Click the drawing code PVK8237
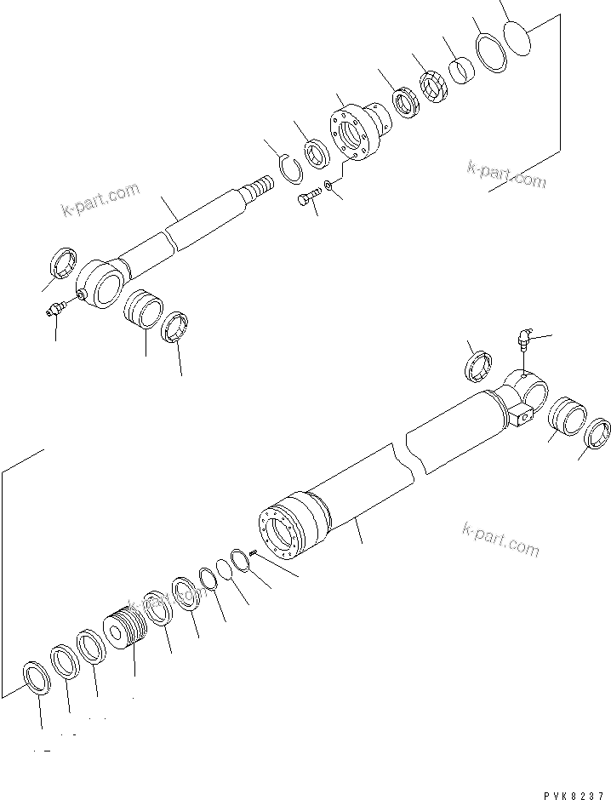coord(570,791)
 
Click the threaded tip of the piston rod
coord(259,185)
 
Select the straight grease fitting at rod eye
coord(58,310)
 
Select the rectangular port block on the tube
coord(522,417)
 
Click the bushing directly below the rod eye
coord(142,309)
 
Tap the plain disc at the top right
coord(517,37)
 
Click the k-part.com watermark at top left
coord(100,200)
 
